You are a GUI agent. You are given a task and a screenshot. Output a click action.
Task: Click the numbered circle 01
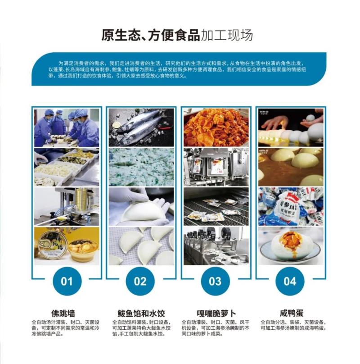67,281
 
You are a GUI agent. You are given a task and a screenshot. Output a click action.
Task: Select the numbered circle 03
215,281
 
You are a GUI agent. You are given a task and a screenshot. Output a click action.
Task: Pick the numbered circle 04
290,281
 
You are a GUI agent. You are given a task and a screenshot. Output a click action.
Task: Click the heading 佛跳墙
63,313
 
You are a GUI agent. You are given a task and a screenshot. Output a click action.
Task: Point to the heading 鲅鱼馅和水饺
141,313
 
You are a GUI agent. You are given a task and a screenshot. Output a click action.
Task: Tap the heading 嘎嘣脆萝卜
216,313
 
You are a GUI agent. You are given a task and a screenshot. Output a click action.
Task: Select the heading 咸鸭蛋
292,313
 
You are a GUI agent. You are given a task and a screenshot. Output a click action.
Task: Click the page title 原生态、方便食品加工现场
177,35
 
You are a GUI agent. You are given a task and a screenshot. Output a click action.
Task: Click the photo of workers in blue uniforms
67,127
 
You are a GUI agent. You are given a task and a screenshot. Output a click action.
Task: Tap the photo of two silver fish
141,127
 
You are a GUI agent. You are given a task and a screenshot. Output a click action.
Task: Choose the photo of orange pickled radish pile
216,127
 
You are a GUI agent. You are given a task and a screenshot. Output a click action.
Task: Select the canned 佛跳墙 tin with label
51,246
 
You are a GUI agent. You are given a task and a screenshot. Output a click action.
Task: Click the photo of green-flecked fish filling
141,167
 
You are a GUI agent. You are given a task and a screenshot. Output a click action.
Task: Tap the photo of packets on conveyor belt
216,207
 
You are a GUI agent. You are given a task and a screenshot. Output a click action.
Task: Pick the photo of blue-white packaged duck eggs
291,207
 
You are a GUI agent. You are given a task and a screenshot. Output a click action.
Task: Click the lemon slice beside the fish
116,125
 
